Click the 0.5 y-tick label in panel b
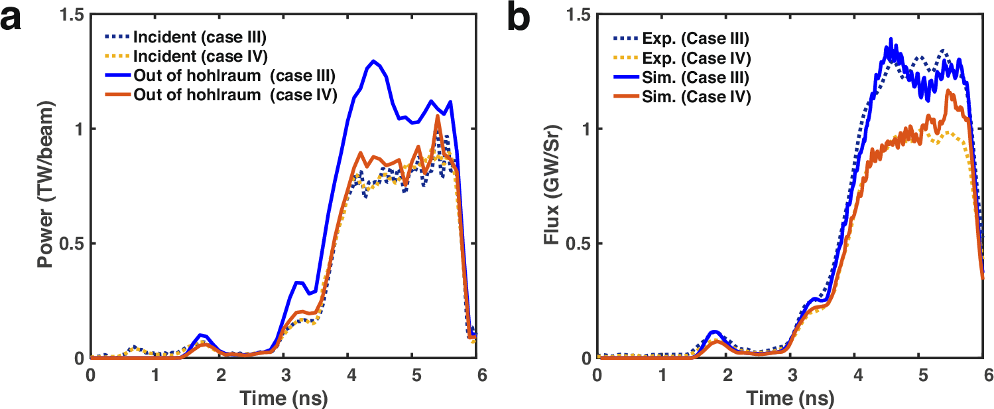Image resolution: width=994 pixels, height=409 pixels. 577,244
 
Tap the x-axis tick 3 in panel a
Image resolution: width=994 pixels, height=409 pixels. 284,374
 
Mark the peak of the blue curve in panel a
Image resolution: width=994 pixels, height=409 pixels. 375,61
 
